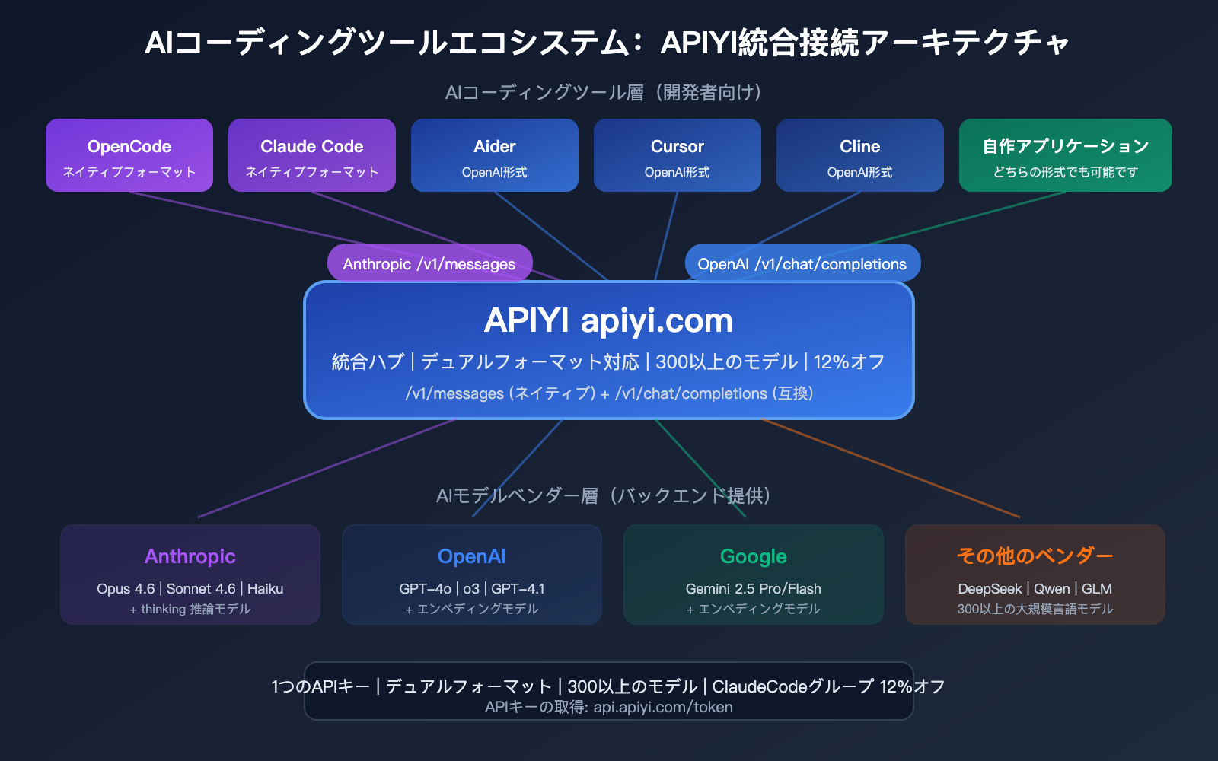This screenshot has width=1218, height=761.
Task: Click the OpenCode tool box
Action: coord(129,155)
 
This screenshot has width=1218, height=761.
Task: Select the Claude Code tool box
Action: coord(312,155)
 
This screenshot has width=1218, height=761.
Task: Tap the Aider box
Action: coord(495,155)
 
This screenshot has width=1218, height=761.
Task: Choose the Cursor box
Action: coord(678,155)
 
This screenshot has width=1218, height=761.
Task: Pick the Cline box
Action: coord(860,155)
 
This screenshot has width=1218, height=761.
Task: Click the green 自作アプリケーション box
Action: coord(1066,155)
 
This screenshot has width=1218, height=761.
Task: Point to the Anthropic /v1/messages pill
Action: coord(429,263)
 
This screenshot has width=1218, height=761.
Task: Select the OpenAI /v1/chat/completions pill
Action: coord(802,263)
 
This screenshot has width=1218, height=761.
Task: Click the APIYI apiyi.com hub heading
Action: coord(609,320)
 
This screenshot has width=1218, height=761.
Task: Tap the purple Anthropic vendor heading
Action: coord(190,556)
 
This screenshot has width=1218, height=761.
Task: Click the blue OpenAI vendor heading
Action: coord(472,556)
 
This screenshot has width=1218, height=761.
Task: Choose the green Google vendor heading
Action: coord(754,556)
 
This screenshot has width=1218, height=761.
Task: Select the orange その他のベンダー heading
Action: coord(1035,556)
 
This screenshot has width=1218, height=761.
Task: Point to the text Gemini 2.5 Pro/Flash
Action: coord(754,589)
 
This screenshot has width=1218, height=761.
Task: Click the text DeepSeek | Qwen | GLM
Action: coord(1035,589)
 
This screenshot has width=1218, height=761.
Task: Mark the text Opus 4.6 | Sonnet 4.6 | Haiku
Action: coord(190,589)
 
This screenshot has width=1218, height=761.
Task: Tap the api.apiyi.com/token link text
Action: coord(663,708)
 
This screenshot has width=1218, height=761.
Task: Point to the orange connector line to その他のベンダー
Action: coord(891,468)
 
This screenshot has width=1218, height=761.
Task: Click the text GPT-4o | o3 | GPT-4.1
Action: coord(472,589)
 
